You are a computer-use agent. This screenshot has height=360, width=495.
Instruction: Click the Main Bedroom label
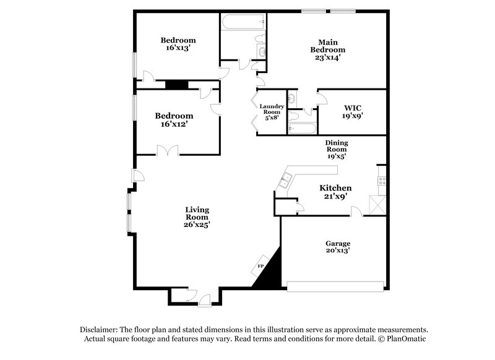[x=327, y=46]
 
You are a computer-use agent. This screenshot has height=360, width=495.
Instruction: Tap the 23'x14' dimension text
[x=327, y=57]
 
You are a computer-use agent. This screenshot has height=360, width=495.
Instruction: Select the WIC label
[x=353, y=108]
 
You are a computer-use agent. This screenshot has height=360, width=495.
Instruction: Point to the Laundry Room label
[x=272, y=109]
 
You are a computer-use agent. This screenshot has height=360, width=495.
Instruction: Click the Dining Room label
[x=337, y=146]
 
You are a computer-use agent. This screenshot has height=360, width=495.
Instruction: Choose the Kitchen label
[x=335, y=188]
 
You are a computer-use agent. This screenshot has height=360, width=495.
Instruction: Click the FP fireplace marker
[x=260, y=267]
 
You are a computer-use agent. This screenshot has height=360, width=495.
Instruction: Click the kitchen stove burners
[x=382, y=181]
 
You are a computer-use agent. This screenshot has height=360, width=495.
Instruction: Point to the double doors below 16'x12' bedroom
[x=168, y=150]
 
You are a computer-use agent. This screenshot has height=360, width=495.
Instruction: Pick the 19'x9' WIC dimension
[x=352, y=115]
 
